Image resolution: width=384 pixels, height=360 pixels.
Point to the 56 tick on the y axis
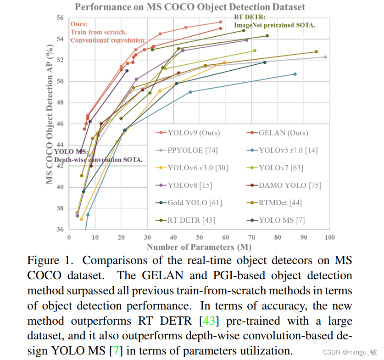60,17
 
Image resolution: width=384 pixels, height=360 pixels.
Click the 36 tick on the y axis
60,230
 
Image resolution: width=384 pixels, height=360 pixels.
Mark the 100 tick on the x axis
329,237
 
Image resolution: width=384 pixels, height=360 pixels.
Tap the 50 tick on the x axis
199,237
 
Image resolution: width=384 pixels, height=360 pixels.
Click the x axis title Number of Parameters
199,247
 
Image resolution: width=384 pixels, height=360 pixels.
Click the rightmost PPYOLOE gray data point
325,57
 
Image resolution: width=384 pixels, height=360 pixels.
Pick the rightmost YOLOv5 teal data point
295,74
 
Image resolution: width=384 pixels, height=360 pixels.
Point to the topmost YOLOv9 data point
221,22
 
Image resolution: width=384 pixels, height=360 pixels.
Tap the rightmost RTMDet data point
316,52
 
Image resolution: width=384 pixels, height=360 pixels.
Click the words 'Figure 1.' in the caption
50,261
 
